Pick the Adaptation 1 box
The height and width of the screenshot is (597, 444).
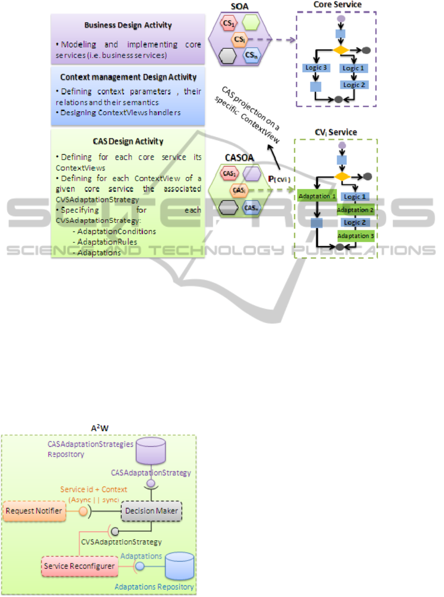316,196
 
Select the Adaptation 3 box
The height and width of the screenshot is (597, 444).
356,235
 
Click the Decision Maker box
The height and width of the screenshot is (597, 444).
151,511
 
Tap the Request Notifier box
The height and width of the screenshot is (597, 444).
34,511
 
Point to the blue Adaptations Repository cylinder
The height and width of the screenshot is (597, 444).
179,566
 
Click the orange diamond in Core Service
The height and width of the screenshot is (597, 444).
341,50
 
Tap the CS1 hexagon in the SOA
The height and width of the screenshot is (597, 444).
227,23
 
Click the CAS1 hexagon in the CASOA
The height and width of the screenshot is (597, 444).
227,174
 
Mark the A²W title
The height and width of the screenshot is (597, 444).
99,427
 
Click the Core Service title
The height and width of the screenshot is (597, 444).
337,4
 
